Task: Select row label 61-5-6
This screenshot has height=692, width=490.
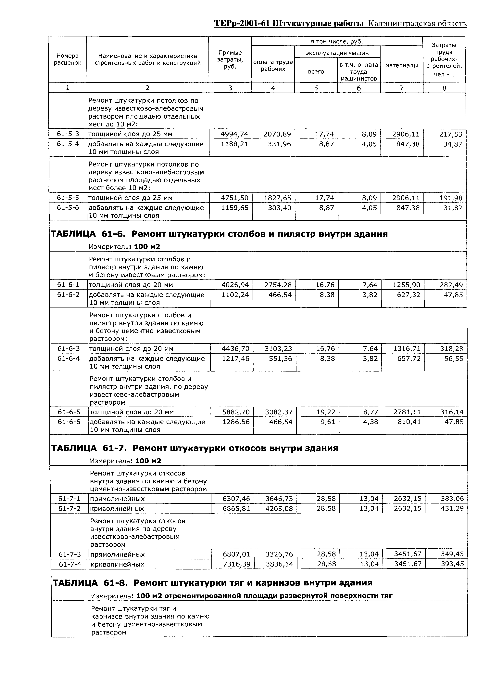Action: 68,208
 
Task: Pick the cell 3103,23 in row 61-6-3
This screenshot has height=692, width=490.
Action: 278,349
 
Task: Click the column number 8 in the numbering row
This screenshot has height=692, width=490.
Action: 444,88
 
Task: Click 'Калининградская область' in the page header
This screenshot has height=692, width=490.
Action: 418,24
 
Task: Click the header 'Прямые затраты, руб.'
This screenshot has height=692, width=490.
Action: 230,59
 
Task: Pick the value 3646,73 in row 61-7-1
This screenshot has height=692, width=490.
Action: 279,499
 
